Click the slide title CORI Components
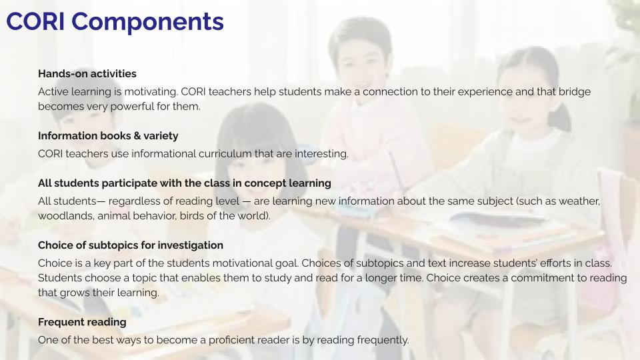(115, 21)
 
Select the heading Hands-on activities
(87, 73)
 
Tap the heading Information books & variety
(108, 135)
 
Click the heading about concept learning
(185, 183)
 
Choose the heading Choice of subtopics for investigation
(131, 245)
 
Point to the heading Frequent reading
(82, 321)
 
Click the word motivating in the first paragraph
(151, 91)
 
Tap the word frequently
(383, 340)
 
